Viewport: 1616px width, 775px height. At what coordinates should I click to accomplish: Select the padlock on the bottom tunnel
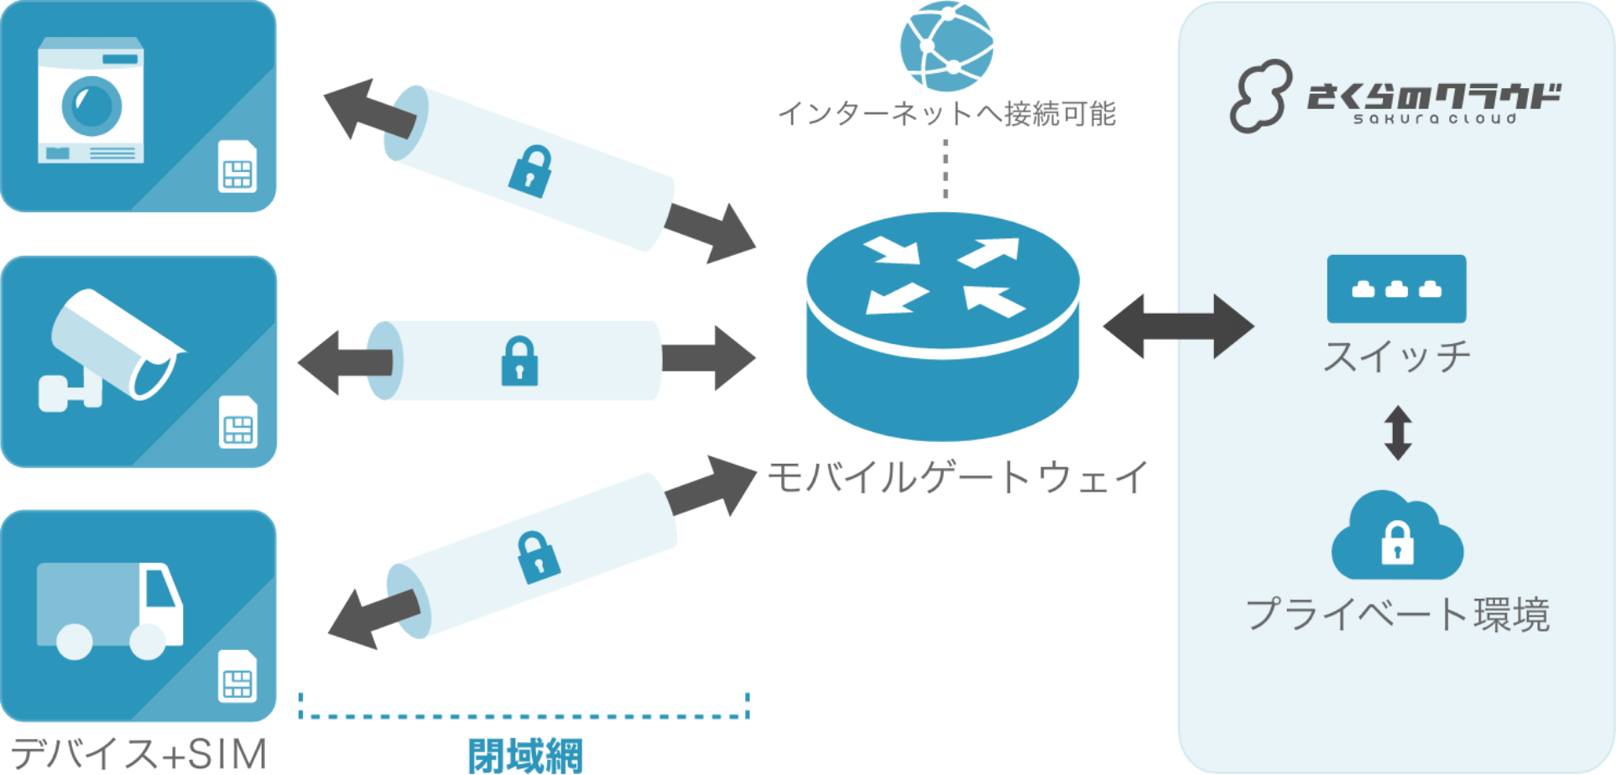point(537,557)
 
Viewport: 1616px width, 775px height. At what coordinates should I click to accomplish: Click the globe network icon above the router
point(946,46)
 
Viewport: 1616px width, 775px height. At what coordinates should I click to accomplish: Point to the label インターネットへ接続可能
point(946,113)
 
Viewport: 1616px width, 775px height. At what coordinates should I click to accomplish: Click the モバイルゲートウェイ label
point(957,478)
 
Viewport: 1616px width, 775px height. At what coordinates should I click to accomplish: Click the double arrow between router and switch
point(1177,326)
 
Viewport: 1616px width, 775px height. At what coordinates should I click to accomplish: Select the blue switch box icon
point(1396,289)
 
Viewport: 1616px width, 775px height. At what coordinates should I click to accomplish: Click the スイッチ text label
point(1396,356)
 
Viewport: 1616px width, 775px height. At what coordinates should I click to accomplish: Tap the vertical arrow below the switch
point(1397,433)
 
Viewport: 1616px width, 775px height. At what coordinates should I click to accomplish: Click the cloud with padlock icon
point(1397,537)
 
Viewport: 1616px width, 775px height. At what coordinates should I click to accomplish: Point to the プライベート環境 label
point(1397,615)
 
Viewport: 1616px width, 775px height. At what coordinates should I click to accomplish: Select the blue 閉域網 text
point(525,755)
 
